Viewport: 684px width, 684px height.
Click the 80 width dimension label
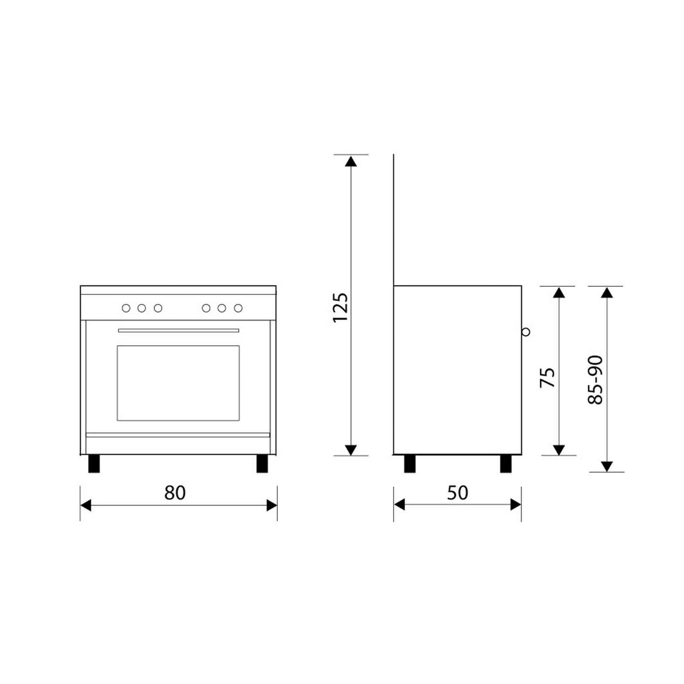click(x=175, y=492)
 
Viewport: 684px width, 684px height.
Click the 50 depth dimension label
click(x=457, y=492)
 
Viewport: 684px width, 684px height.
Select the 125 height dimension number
click(x=340, y=307)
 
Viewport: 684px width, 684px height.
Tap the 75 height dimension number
click(x=548, y=377)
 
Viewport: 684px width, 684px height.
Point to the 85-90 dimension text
click(x=595, y=379)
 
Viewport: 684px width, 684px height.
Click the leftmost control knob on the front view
click(x=126, y=308)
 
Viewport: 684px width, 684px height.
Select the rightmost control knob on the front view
click(x=238, y=308)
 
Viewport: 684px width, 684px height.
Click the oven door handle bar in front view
click(x=179, y=331)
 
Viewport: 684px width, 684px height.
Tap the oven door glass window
click(x=178, y=383)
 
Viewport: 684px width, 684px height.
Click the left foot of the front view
click(x=94, y=463)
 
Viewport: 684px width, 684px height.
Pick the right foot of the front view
click(x=262, y=463)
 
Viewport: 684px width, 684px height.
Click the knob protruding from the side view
click(x=526, y=332)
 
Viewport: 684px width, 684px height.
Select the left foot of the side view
click(x=410, y=463)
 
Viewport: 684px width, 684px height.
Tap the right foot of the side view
click(x=506, y=463)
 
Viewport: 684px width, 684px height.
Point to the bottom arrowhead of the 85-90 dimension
click(x=606, y=466)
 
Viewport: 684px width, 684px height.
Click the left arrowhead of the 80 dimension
click(x=86, y=505)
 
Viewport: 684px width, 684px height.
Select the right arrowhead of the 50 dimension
click(x=515, y=504)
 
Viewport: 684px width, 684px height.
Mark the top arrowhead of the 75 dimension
click(x=558, y=292)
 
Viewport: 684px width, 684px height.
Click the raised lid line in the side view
click(x=393, y=220)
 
